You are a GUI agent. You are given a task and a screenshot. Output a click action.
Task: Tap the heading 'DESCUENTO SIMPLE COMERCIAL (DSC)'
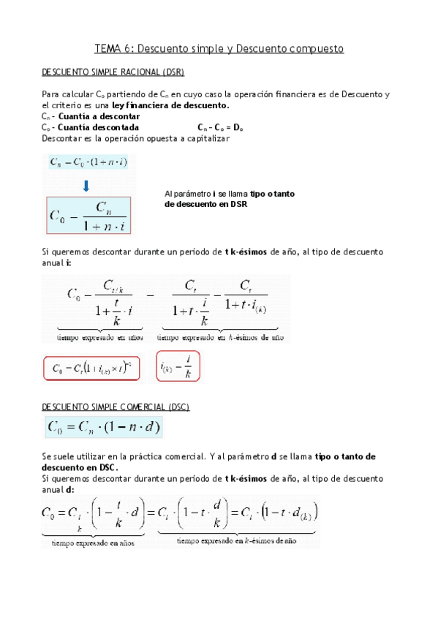pos(116,407)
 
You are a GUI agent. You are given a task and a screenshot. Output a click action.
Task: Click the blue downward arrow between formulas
pos(86,186)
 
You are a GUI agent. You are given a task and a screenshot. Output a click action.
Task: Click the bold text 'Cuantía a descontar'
pos(99,116)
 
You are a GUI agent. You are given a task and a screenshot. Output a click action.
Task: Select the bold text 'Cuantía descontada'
pos(97,127)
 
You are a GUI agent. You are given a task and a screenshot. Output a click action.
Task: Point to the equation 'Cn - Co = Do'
pos(224,127)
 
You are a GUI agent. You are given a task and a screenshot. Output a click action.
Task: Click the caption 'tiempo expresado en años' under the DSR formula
pos(99,337)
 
